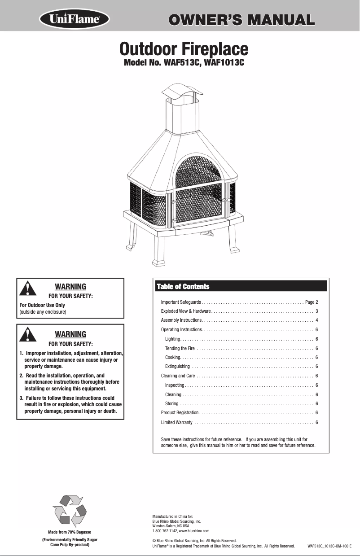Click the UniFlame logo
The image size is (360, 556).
click(75, 20)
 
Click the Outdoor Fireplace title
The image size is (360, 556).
click(184, 48)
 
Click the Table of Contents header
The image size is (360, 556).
click(183, 286)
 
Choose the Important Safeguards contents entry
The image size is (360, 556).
click(181, 302)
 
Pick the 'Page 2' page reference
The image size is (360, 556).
click(312, 302)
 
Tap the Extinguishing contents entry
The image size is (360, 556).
click(177, 366)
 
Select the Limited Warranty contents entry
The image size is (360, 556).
click(177, 423)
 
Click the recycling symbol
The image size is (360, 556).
click(70, 510)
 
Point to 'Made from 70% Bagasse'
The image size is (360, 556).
click(70, 532)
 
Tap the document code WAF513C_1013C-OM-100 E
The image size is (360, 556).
click(329, 546)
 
